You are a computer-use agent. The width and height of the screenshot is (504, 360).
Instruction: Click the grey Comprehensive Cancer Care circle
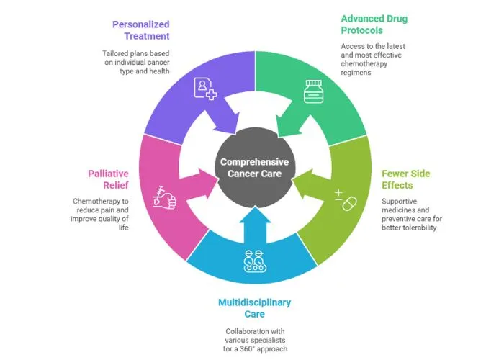255,168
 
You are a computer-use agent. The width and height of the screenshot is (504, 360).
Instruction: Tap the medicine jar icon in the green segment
312,92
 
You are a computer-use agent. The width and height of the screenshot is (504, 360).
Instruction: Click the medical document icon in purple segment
204,89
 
